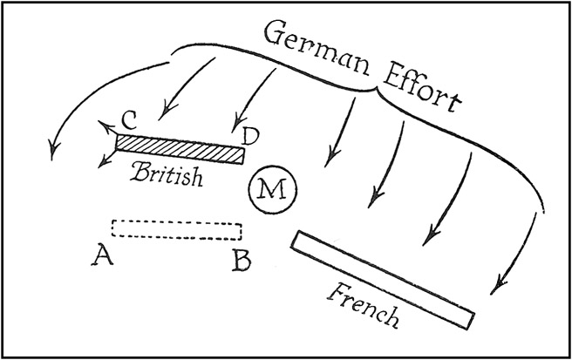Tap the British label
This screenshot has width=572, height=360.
point(168,173)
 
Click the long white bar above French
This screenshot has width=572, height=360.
point(383,277)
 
